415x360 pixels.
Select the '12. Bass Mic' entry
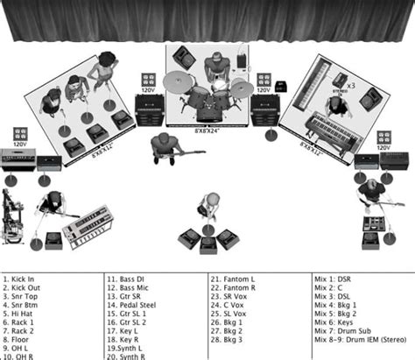(x=129, y=288)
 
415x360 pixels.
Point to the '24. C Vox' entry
(x=229, y=305)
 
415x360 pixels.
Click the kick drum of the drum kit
(x=210, y=111)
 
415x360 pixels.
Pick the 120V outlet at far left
(x=19, y=137)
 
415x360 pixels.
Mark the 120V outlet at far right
(x=385, y=138)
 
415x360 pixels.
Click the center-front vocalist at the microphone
(x=210, y=205)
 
